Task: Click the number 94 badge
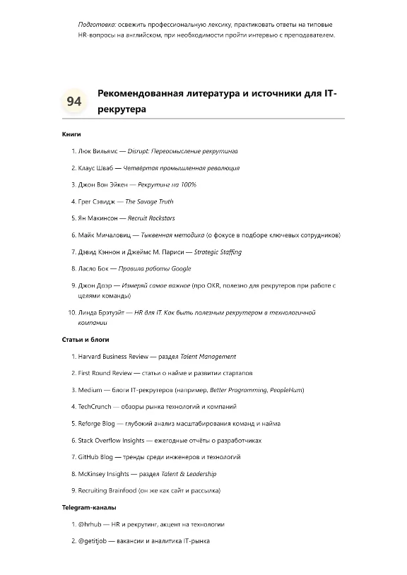click(73, 102)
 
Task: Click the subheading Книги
click(71, 134)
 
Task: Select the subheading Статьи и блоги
click(83, 340)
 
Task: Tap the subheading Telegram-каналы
click(88, 507)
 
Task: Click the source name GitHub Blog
click(97, 457)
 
